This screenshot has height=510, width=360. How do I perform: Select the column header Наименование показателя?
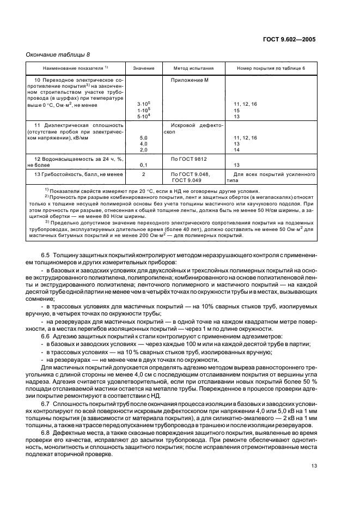click(x=68, y=69)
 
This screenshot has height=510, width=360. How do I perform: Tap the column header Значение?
click(x=144, y=69)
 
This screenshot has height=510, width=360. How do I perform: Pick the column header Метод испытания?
click(x=193, y=69)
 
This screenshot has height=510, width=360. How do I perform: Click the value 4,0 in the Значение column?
click(x=144, y=144)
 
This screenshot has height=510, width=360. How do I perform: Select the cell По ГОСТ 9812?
click(x=188, y=159)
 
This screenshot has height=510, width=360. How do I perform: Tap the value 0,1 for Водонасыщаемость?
click(x=144, y=165)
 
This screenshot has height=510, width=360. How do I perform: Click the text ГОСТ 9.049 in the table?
click(x=187, y=179)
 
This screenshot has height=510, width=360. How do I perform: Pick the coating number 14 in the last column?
click(x=237, y=150)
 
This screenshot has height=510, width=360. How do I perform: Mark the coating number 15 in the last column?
click(x=237, y=110)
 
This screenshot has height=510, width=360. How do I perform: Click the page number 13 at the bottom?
click(x=313, y=465)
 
